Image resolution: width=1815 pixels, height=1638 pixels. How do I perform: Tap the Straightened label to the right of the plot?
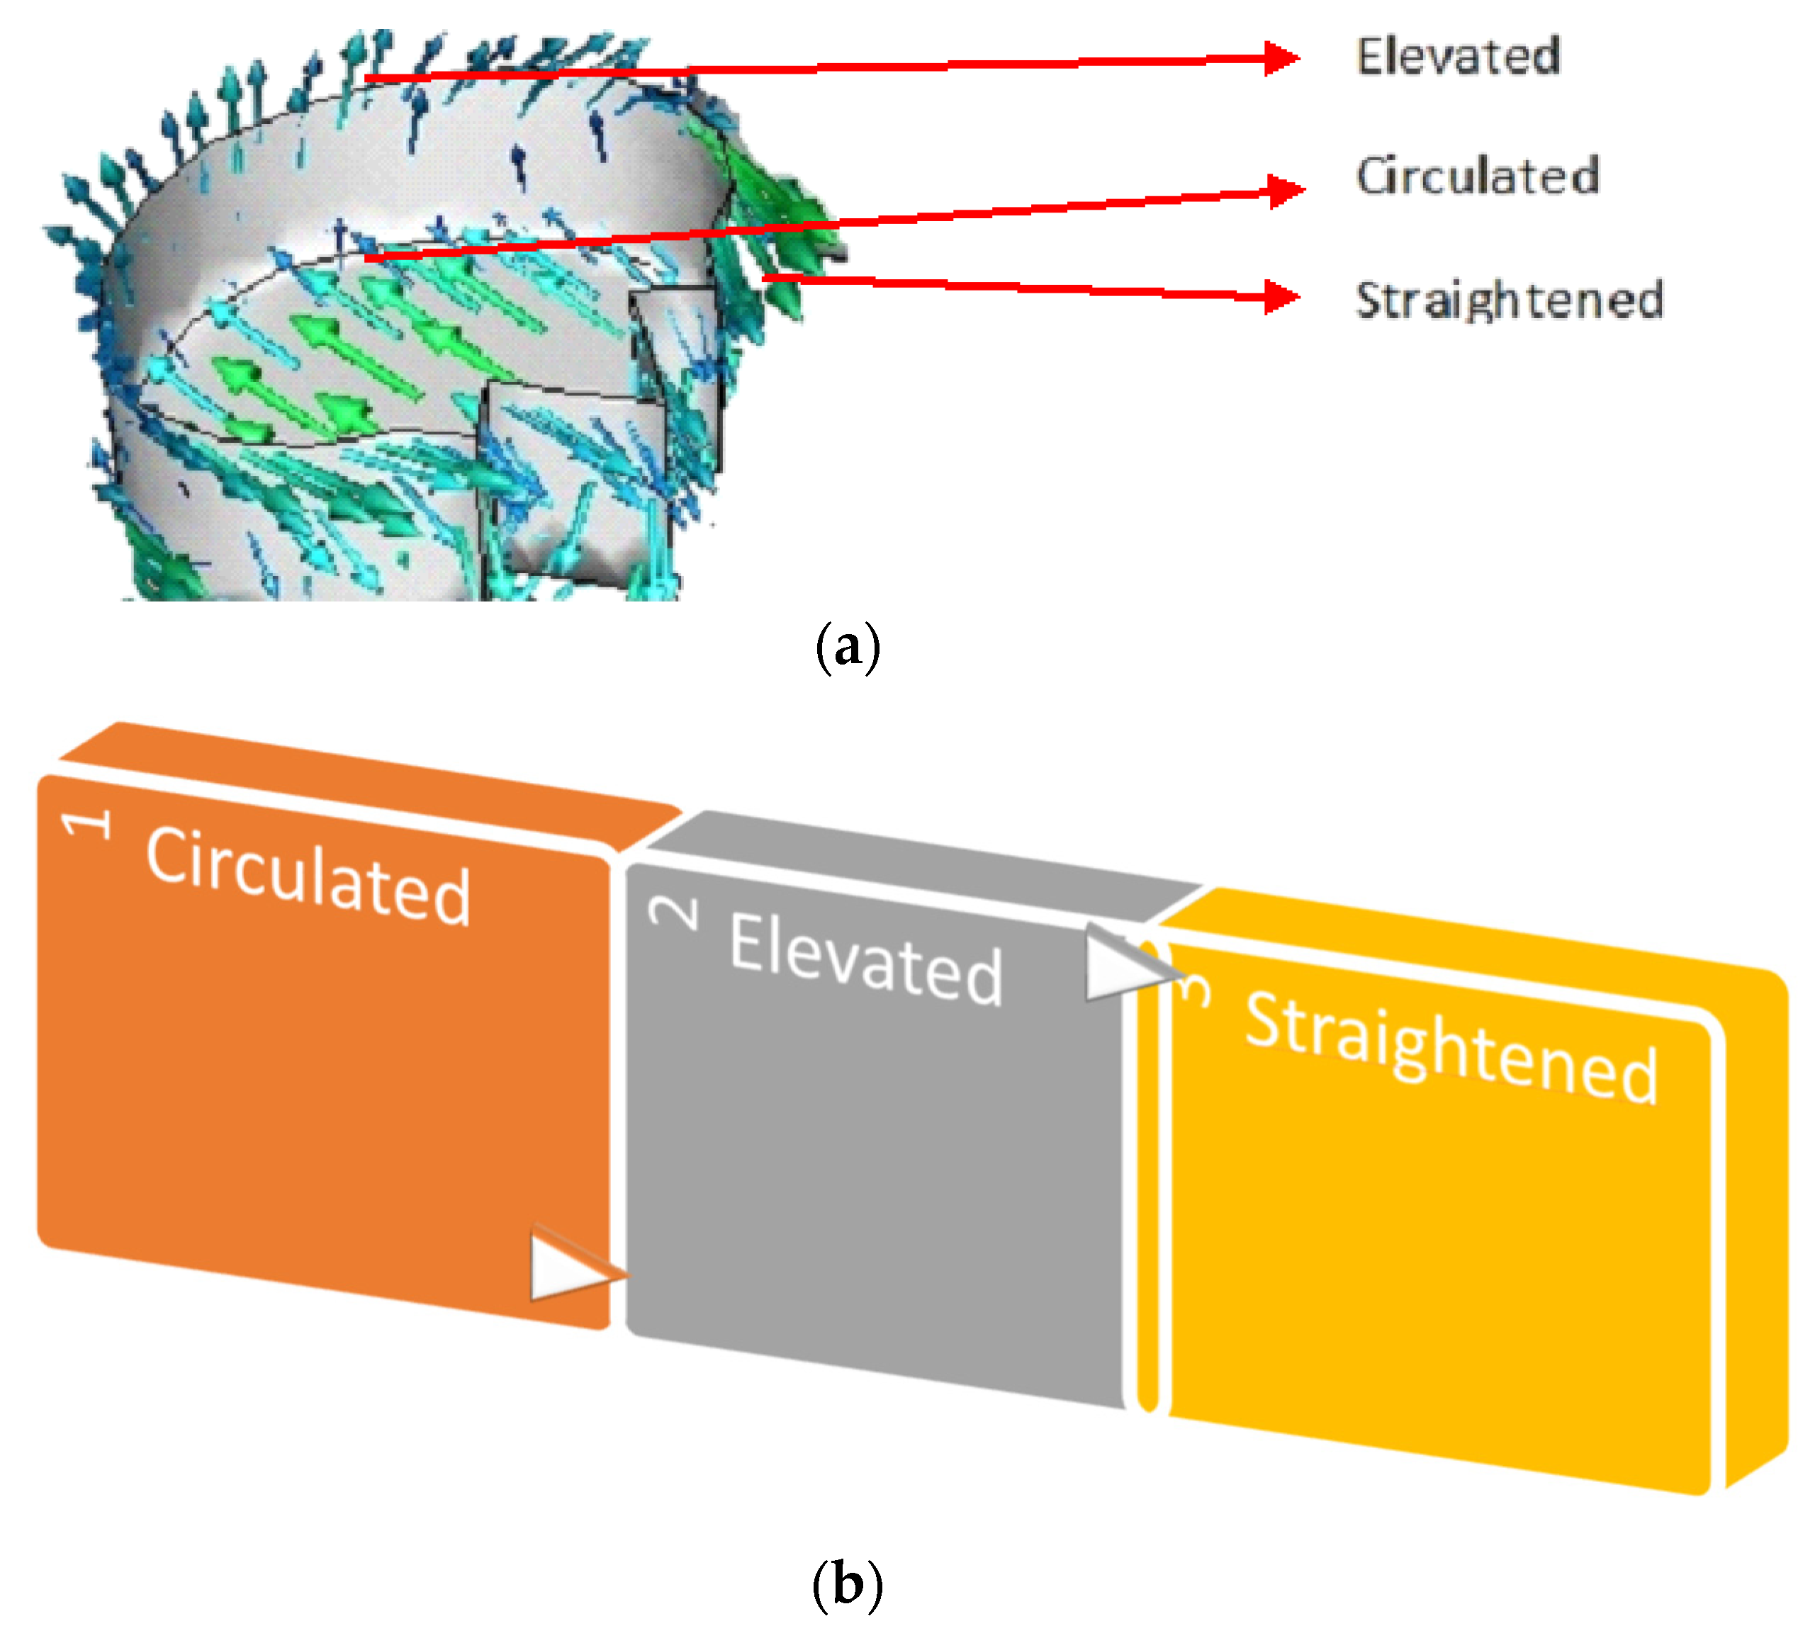tap(1509, 300)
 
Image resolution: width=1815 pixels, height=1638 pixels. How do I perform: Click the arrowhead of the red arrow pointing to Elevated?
tap(1282, 59)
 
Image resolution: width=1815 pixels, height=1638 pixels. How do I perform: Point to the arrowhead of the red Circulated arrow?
tap(1286, 191)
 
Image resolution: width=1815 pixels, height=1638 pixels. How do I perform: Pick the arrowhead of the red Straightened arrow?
tap(1282, 296)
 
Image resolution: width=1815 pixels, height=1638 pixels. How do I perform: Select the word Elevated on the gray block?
tap(865, 959)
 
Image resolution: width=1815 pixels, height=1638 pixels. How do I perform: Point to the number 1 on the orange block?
tap(87, 823)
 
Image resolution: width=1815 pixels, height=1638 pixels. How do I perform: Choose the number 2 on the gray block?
tap(674, 913)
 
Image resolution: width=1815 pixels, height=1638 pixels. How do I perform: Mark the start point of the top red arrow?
tap(367, 79)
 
